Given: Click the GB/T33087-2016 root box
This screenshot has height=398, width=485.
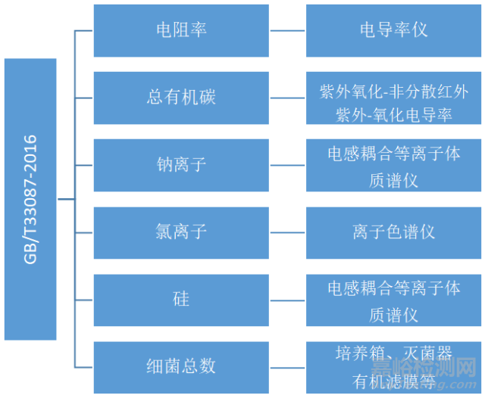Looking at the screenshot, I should point(30,199).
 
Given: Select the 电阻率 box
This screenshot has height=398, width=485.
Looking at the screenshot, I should point(181,30).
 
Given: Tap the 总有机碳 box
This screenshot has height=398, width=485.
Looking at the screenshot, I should point(181,98).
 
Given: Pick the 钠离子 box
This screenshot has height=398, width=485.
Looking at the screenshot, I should point(181,165).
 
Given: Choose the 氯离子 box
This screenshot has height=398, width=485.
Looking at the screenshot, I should point(181,232).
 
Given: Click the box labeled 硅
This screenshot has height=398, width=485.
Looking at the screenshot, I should point(181,300).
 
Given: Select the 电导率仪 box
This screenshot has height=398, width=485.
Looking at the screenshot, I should point(393,30).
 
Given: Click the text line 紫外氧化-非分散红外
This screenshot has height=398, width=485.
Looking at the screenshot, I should point(393,89).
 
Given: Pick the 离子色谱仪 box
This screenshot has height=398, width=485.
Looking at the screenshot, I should point(393,232).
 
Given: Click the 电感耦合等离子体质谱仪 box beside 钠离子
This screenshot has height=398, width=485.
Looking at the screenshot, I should point(393,165).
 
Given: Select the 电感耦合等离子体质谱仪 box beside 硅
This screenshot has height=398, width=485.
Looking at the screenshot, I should point(393,300).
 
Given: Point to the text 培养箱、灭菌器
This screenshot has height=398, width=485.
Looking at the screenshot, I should point(393,353).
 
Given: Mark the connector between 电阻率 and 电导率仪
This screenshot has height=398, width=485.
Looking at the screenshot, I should point(287,31).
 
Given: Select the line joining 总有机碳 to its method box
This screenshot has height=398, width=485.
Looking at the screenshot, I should point(287,98).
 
